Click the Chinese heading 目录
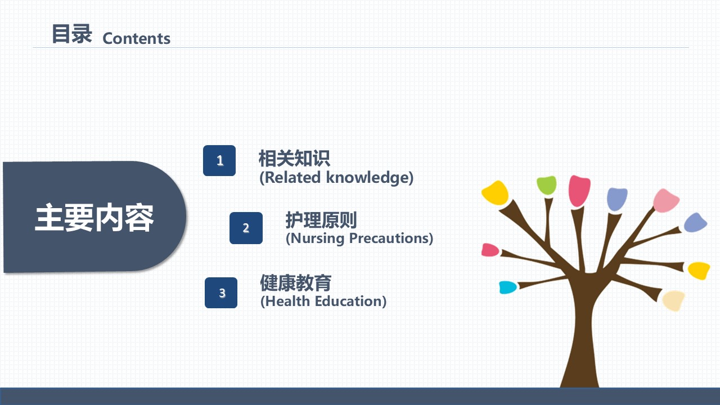tap(72, 34)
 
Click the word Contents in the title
tap(136, 39)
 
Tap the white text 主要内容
tap(94, 218)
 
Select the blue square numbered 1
tap(219, 160)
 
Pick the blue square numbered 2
tap(246, 228)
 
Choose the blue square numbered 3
tap(221, 293)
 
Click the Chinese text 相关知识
tap(294, 158)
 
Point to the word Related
tap(290, 177)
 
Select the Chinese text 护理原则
tap(321, 220)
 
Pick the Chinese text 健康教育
tap(296, 282)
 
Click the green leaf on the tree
tap(546, 185)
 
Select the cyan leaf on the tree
tap(508, 287)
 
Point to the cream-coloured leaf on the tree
tap(673, 300)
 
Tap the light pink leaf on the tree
tap(665, 201)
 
